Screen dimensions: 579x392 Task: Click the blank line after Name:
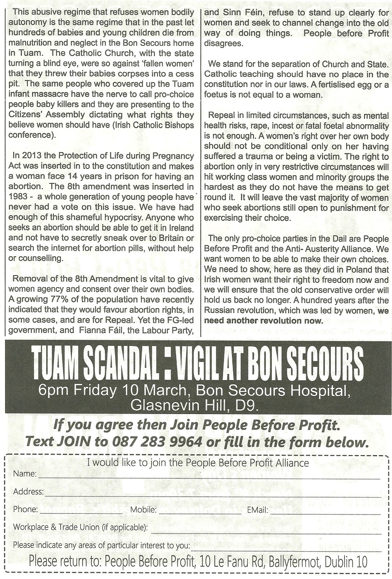209,476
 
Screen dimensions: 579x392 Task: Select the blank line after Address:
212,493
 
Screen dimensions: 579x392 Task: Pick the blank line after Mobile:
200,511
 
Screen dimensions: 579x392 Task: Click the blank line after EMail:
325,511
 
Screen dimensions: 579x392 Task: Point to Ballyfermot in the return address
294,562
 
